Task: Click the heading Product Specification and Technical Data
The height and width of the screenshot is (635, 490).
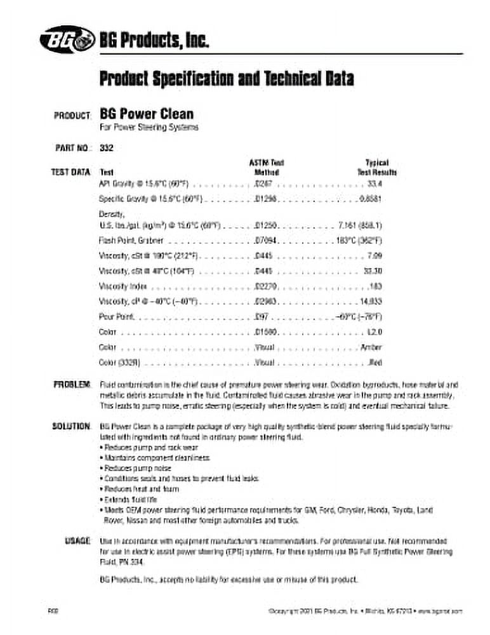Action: pyautogui.click(x=226, y=79)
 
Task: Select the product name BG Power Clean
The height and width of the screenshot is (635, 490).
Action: pyautogui.click(x=147, y=114)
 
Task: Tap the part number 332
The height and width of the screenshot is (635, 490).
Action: pyautogui.click(x=107, y=149)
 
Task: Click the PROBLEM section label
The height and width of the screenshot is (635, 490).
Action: pyautogui.click(x=72, y=385)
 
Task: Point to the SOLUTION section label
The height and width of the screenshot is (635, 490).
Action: pyautogui.click(x=71, y=425)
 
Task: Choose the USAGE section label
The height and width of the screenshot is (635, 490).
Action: pyautogui.click(x=77, y=540)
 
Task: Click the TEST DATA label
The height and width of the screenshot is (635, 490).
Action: pyautogui.click(x=71, y=172)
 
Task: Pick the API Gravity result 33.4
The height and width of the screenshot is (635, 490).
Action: pyautogui.click(x=375, y=184)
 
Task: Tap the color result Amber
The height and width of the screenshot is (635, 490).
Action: pyautogui.click(x=371, y=347)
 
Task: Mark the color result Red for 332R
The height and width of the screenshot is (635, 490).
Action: pyautogui.click(x=375, y=363)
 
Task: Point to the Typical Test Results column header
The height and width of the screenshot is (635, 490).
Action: pyautogui.click(x=377, y=167)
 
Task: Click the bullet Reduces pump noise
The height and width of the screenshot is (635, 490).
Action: pyautogui.click(x=128, y=467)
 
